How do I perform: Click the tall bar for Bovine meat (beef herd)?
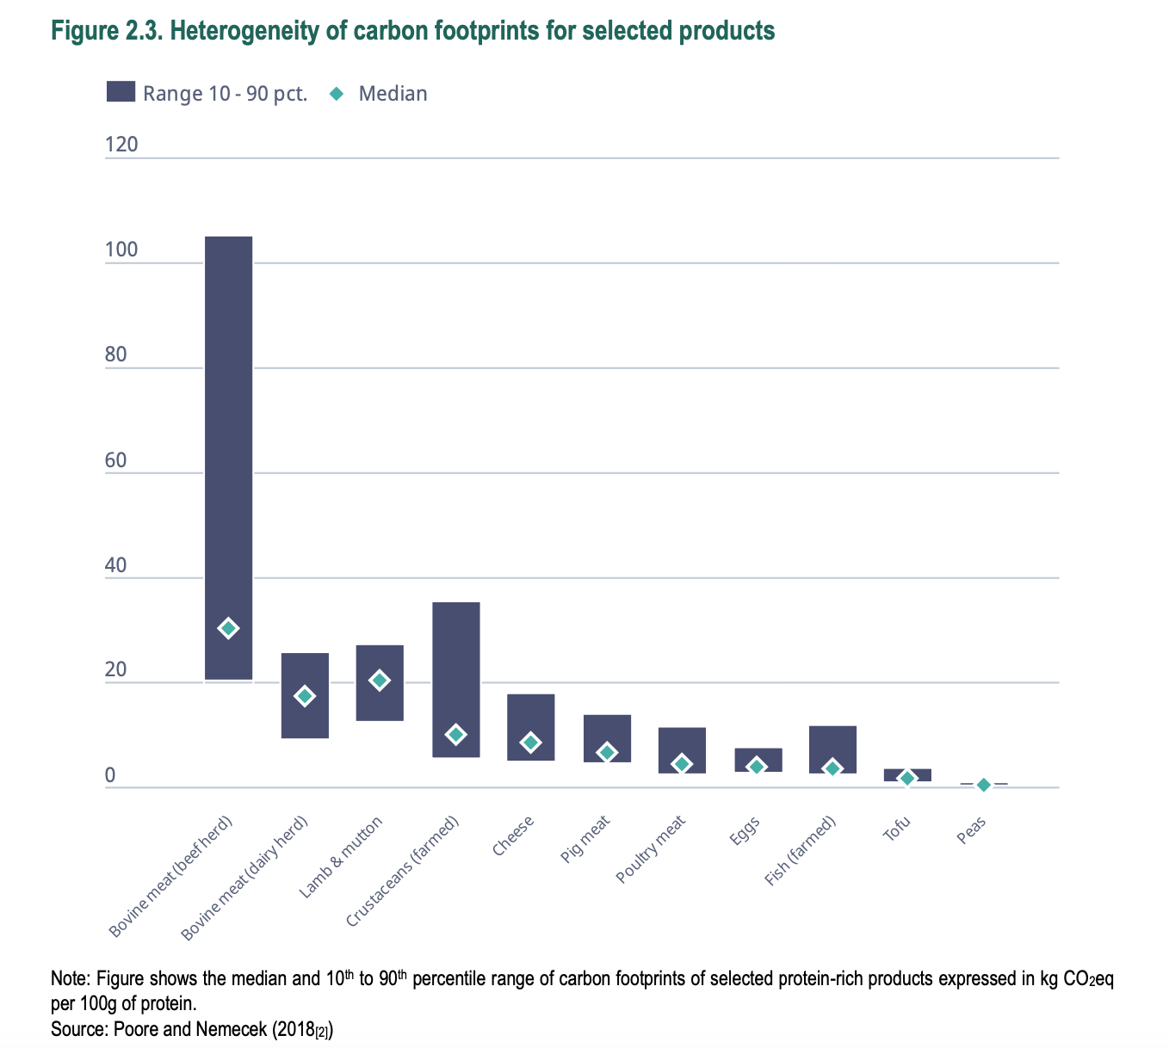tap(228, 430)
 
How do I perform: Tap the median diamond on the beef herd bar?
tap(228, 628)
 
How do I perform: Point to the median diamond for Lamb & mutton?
tap(380, 681)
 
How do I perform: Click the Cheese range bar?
tap(530, 714)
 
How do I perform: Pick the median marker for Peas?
tap(983, 785)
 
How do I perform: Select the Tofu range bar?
tap(907, 773)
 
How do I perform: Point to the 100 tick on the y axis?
tap(121, 250)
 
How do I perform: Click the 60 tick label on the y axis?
tap(115, 460)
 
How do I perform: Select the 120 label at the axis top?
tap(121, 145)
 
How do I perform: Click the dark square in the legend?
tap(121, 92)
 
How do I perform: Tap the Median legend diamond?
tap(337, 93)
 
